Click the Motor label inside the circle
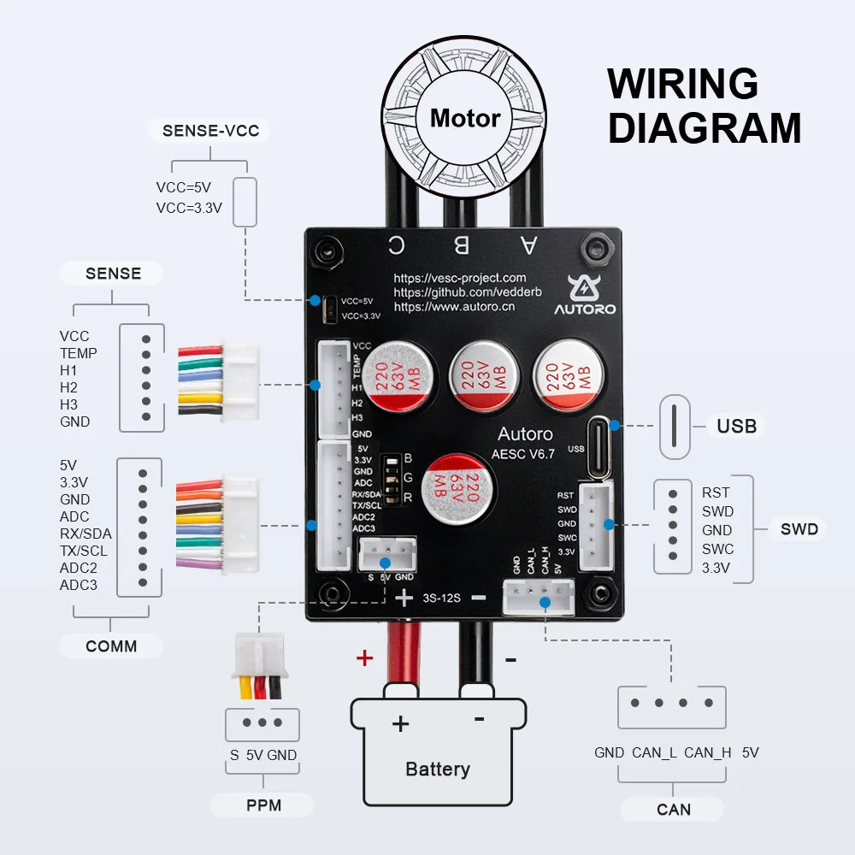[x=464, y=118]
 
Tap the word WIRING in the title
[x=682, y=85]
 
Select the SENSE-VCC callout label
[x=204, y=131]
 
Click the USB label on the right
[x=737, y=425]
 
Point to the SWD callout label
[x=799, y=529]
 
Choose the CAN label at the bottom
[x=674, y=809]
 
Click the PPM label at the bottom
[x=263, y=805]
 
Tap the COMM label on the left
[x=111, y=646]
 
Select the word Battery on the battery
[x=438, y=769]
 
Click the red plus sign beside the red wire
[x=365, y=657]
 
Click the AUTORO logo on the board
[x=584, y=294]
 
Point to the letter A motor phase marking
[x=528, y=245]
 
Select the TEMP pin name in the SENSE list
[x=79, y=353]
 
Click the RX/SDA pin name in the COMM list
[x=85, y=534]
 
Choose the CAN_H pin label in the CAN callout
[x=707, y=752]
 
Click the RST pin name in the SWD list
[x=716, y=492]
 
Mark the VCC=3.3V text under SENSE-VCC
[x=189, y=207]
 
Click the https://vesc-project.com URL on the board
[x=460, y=278]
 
